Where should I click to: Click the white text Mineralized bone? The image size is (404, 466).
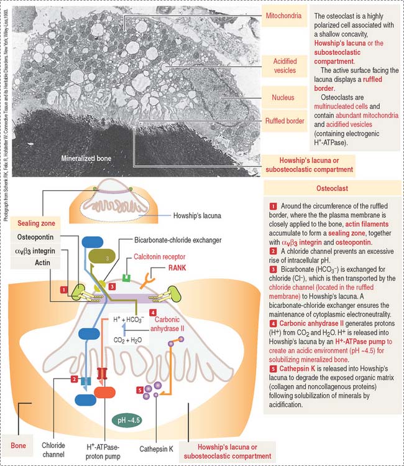click(x=86, y=159)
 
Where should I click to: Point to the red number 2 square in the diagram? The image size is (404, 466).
click(x=74, y=379)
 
